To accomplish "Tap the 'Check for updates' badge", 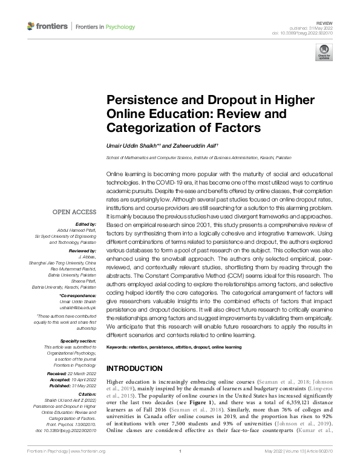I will click(324, 52).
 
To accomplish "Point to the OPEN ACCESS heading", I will click(75, 212).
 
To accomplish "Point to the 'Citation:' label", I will click(86, 393).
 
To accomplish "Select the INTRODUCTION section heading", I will click(134, 369).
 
